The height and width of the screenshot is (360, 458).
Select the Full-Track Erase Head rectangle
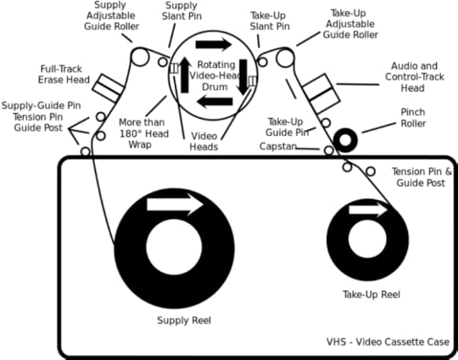coord(109,88)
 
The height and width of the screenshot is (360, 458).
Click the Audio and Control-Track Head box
coord(321,93)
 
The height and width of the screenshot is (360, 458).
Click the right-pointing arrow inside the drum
coord(214,44)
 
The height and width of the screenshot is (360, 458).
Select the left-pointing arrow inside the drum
coord(215,102)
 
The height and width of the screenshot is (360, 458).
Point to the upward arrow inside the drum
coord(185,75)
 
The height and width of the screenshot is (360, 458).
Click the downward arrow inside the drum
coord(243,77)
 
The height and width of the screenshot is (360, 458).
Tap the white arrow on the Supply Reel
coord(175,205)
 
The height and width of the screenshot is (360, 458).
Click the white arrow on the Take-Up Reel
coord(368,210)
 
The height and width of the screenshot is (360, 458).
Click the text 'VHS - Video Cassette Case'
coord(388,342)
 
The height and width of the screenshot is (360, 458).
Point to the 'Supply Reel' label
coord(184,320)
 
